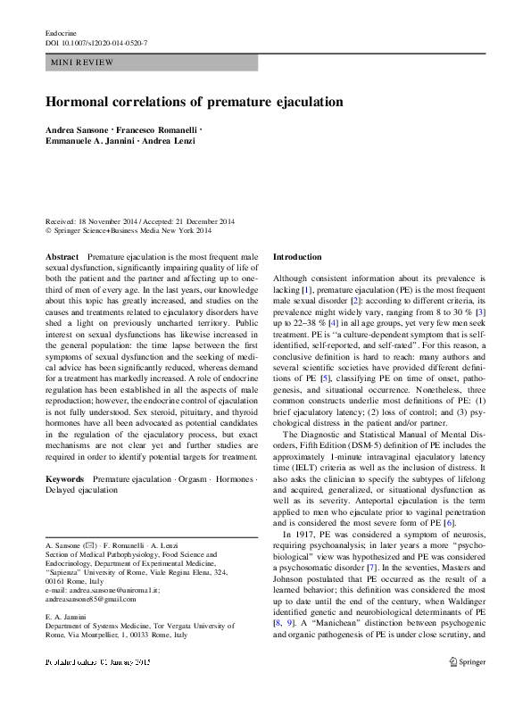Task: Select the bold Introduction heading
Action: click(297, 256)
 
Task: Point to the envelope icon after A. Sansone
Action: click(89, 543)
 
